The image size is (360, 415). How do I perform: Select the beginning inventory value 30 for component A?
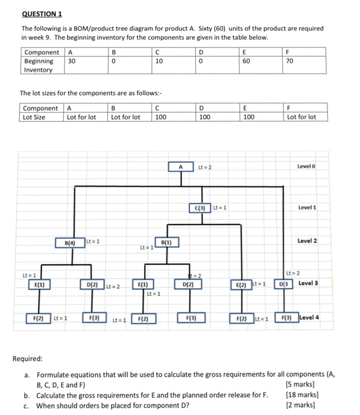(72, 61)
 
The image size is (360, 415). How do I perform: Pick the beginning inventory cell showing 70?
(289, 61)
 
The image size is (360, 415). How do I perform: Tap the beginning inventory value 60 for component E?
(246, 61)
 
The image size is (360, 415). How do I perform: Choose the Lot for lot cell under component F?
(301, 117)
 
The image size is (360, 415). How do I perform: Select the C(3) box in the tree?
(199, 208)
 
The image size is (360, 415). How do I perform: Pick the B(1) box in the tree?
(167, 242)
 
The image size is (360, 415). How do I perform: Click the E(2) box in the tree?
(241, 285)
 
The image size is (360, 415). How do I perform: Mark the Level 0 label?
(307, 168)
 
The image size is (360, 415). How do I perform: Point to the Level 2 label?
(308, 241)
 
